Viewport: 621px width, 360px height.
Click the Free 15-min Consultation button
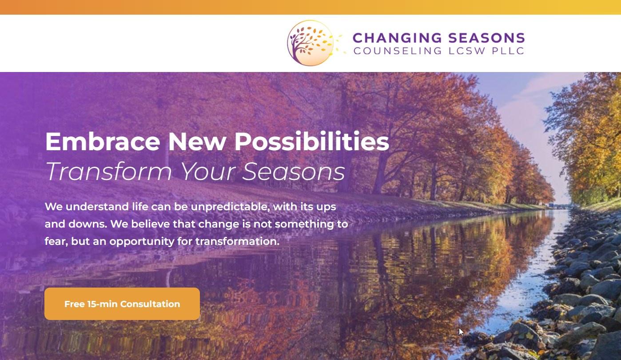(122, 304)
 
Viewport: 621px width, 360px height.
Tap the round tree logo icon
(310, 43)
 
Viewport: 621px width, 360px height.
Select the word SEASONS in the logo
(486, 38)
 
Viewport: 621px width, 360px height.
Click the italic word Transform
(109, 171)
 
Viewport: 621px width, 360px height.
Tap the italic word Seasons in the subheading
(294, 171)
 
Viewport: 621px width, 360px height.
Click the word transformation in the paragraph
(237, 241)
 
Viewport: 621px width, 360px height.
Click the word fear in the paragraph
(56, 241)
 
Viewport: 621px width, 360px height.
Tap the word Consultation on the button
(150, 304)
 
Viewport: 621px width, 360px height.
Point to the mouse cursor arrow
(461, 332)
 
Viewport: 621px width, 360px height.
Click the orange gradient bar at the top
(310, 7)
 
